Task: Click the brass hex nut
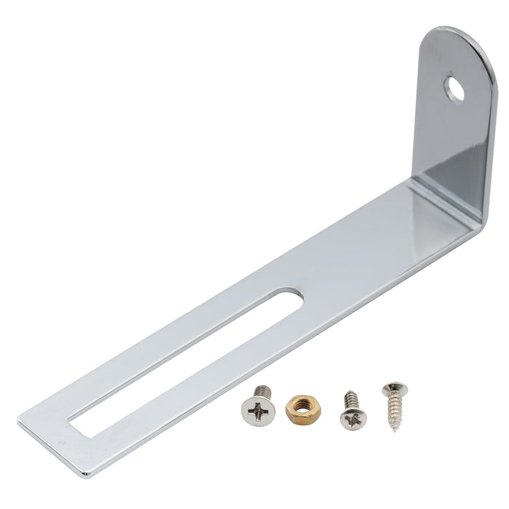coord(300,409)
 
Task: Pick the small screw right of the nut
coord(352,410)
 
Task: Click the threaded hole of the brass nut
coord(300,409)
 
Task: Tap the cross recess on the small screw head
coord(353,418)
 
